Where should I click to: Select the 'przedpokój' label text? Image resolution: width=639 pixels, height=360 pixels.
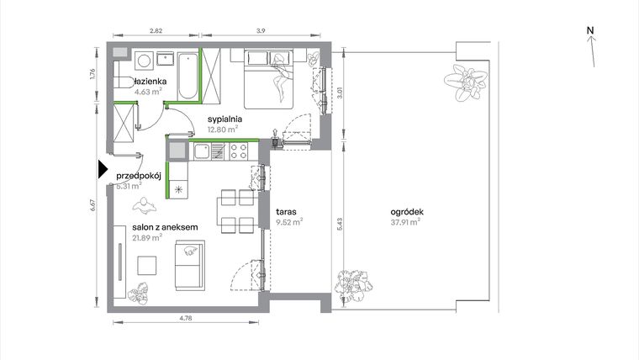(139, 176)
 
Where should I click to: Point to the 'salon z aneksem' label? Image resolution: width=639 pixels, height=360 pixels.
(165, 227)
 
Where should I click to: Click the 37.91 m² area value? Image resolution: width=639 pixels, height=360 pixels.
(404, 224)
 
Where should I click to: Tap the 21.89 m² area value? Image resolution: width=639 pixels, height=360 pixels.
(147, 238)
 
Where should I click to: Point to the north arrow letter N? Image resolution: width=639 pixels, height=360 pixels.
(591, 31)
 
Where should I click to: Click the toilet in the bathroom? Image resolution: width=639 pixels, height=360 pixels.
(123, 82)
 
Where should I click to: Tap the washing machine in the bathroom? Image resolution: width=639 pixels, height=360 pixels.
(144, 60)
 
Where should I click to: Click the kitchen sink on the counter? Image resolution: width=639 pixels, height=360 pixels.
(218, 152)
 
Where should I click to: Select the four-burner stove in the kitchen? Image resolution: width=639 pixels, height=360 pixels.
(238, 152)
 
